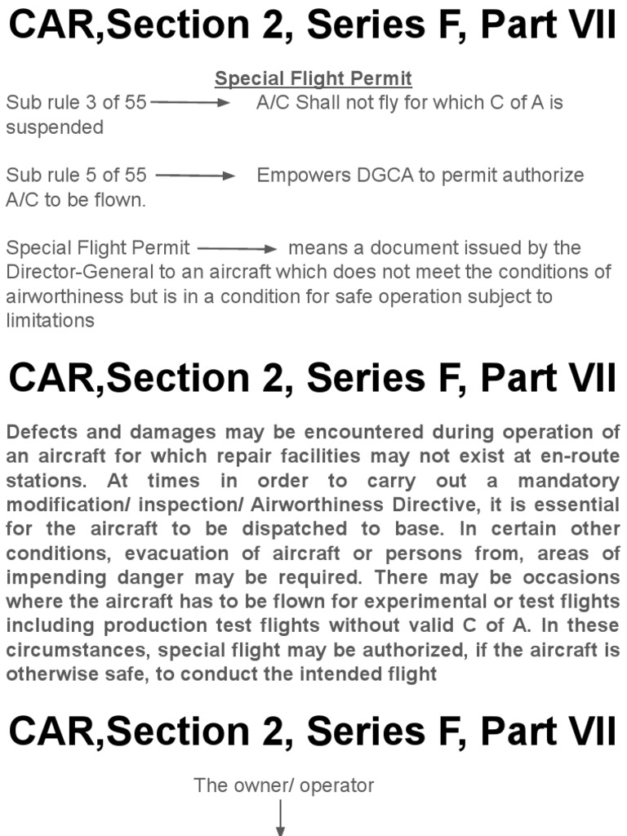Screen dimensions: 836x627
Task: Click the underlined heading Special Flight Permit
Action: coord(313,79)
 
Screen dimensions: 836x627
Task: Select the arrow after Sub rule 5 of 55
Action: coord(195,176)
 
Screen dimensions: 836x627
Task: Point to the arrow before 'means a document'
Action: coord(238,248)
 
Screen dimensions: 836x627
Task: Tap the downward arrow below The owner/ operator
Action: coord(280,818)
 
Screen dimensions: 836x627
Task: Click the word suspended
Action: coord(55,127)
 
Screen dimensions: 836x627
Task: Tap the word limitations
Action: coord(50,320)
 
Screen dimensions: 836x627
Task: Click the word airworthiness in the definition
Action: coord(64,296)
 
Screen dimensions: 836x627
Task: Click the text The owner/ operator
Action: coord(283,786)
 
